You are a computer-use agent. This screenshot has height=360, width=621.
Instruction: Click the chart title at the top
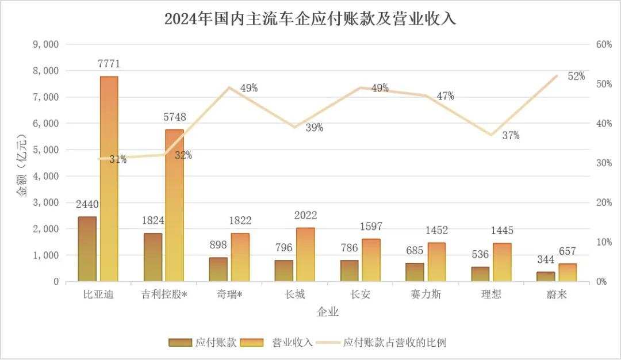[310, 18]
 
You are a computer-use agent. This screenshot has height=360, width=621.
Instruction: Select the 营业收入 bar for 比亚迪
[109, 178]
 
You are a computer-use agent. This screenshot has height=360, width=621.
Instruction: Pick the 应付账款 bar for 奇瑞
[218, 269]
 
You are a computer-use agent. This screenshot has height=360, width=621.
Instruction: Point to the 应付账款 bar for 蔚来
[546, 277]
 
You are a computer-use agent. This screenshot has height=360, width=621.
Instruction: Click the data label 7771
[109, 63]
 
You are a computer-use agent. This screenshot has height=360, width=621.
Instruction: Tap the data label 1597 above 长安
[371, 227]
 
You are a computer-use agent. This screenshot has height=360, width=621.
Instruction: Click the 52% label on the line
[576, 76]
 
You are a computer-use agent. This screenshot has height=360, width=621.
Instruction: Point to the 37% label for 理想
[510, 136]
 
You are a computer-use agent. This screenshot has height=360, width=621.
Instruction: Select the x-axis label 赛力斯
[425, 294]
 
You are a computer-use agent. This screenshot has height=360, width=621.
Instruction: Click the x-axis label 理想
[491, 294]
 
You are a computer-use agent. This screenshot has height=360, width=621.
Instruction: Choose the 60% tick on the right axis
[603, 44]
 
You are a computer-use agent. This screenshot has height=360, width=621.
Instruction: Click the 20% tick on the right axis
[603, 202]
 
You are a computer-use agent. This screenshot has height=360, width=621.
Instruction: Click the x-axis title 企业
[328, 313]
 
